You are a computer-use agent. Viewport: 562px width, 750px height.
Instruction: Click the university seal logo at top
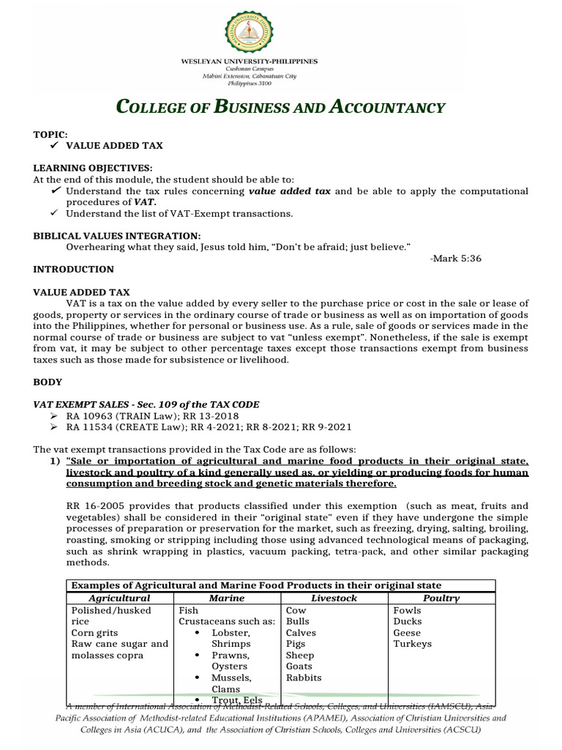[281, 33]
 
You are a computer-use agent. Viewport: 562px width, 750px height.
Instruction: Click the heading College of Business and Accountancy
[281, 108]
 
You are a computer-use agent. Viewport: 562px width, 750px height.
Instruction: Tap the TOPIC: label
[50, 135]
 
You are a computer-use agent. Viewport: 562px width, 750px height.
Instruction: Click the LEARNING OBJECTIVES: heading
[93, 168]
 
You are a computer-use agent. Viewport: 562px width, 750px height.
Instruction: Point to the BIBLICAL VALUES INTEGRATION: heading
[116, 235]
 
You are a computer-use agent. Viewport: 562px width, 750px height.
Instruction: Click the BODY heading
[48, 382]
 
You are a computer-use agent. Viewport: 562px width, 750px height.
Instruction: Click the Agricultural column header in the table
[119, 598]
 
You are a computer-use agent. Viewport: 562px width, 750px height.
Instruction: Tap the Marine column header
[227, 598]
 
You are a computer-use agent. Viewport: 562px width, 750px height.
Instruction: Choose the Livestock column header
[334, 598]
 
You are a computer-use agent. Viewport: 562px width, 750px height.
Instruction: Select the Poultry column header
[441, 598]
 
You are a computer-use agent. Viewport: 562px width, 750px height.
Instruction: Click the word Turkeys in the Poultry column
[412, 644]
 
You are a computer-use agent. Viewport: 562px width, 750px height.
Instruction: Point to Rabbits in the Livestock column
[304, 677]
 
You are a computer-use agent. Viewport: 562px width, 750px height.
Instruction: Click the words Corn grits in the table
[94, 632]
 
